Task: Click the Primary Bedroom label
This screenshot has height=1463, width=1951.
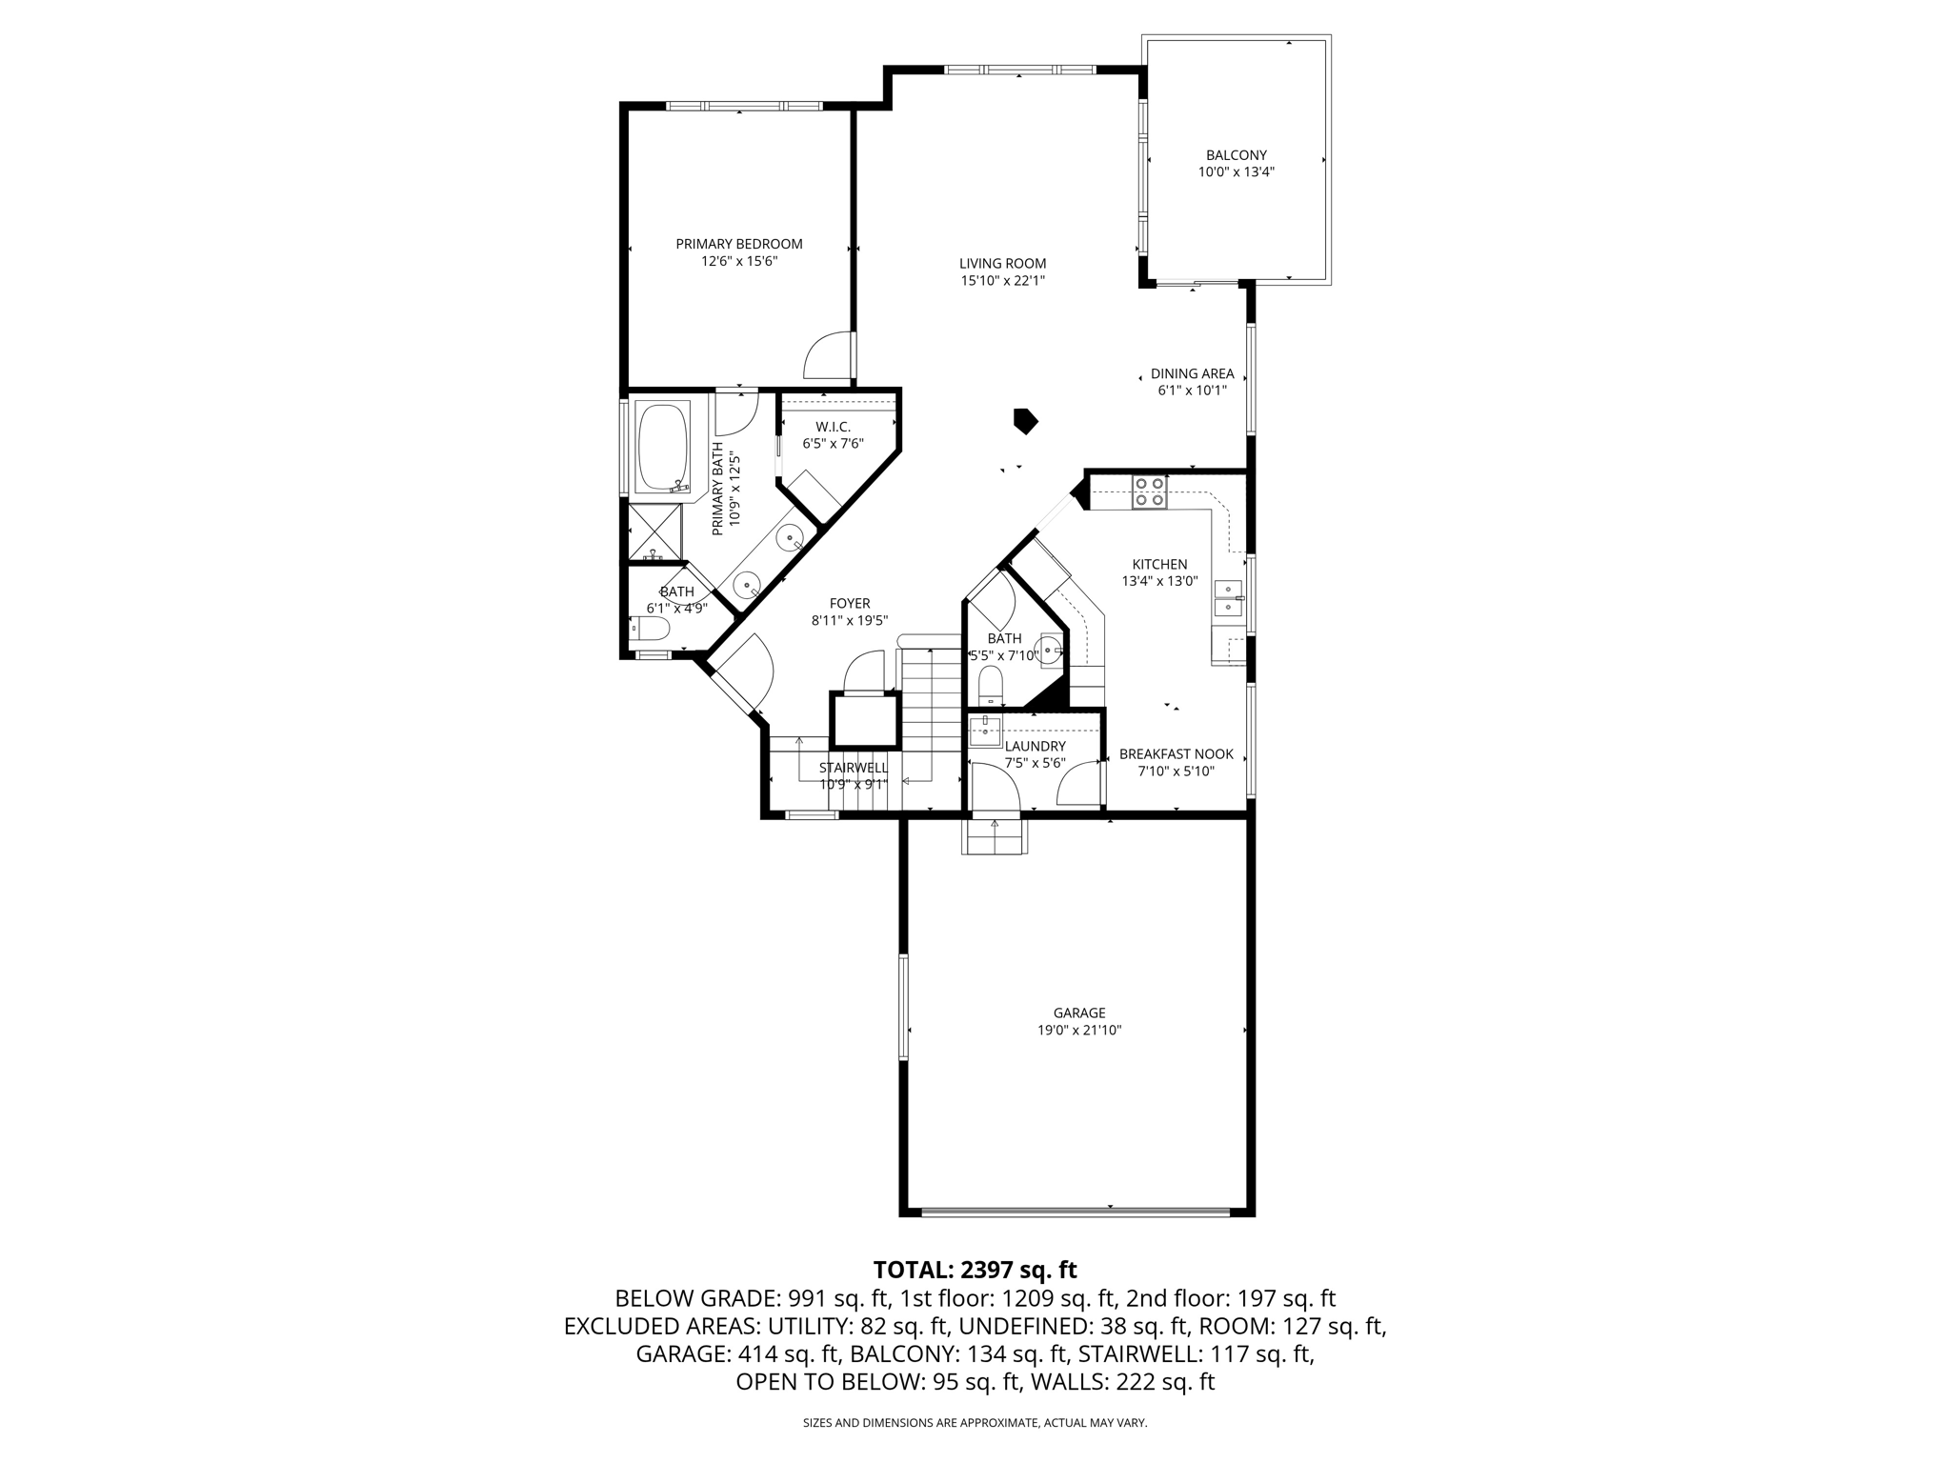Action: [x=738, y=244]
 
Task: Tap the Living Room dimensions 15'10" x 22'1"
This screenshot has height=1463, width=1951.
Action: [x=1002, y=281]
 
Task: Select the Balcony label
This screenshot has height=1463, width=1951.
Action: [x=1236, y=155]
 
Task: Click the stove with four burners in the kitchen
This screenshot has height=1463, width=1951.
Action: [x=1149, y=491]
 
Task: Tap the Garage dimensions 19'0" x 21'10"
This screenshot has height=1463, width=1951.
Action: [x=1078, y=1031]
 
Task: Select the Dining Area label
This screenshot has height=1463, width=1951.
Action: [x=1192, y=373]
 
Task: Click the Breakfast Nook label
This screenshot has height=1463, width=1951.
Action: [x=1176, y=753]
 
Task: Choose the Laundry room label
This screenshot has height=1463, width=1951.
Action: [x=1035, y=746]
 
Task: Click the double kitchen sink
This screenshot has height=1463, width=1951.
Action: [x=1228, y=598]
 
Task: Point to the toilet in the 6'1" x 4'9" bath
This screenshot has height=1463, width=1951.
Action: [x=652, y=629]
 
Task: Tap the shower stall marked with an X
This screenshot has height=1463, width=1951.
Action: [x=654, y=533]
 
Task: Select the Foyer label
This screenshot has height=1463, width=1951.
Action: [x=849, y=603]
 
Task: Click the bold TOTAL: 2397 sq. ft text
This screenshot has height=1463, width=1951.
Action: [x=975, y=1270]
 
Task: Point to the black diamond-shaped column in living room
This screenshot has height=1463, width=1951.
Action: [x=1025, y=421]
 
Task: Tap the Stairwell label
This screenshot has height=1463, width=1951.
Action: [x=853, y=768]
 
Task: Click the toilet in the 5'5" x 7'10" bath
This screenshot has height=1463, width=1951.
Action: [x=991, y=683]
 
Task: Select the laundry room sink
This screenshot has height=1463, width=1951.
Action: [x=983, y=732]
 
